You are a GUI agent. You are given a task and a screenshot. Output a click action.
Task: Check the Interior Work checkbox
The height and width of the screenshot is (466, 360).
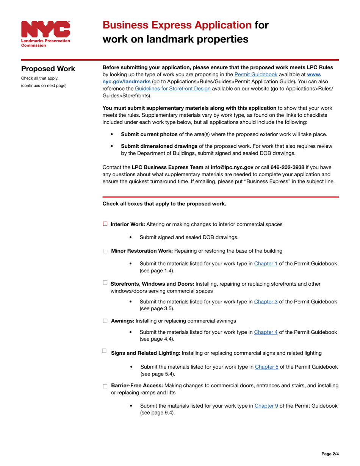(105, 224)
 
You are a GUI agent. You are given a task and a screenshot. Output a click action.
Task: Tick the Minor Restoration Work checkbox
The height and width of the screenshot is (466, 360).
(105, 251)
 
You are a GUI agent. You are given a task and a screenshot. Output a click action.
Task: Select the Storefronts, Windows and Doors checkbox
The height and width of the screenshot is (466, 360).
(105, 283)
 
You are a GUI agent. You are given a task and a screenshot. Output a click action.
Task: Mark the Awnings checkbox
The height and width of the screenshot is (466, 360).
(105, 321)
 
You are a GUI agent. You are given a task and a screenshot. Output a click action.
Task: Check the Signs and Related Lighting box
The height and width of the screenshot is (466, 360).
(105, 351)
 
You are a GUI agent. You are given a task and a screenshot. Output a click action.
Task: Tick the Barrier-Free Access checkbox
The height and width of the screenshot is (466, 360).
(105, 386)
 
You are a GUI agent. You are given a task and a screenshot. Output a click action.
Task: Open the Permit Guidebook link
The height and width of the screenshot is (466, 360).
(256, 75)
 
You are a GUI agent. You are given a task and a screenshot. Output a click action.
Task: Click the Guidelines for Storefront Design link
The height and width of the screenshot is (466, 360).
(172, 89)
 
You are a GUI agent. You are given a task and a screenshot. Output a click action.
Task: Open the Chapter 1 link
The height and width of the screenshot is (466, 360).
(265, 263)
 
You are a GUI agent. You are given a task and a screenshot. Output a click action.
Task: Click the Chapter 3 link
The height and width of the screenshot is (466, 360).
(265, 302)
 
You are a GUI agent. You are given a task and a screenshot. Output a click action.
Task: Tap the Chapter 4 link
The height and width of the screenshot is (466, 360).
(265, 332)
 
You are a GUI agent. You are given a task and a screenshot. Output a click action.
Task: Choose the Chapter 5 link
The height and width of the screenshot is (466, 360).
(266, 367)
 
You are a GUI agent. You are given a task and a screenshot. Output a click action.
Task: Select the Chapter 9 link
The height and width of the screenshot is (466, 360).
(266, 405)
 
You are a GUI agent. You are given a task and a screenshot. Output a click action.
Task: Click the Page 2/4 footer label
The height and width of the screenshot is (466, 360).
(330, 453)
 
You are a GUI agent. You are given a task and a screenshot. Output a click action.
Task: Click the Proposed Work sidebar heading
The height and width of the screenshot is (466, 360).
(48, 69)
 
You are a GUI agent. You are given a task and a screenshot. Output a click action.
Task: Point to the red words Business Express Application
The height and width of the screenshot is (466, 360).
(177, 25)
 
